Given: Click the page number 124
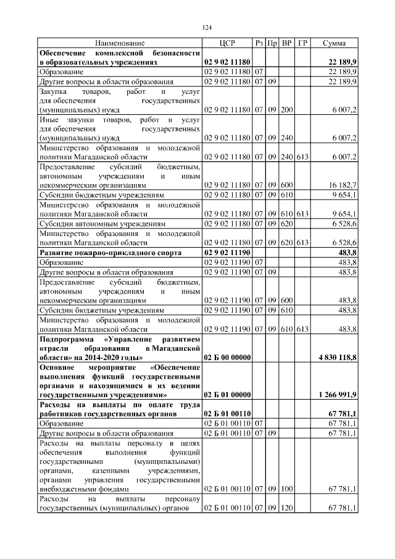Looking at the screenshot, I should [207, 28].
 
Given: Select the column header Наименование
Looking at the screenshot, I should [120, 43].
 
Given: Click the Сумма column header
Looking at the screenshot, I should [334, 43].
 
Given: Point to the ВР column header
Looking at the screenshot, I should [287, 43].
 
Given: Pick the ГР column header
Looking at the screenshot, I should [302, 43].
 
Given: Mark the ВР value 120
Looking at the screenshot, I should [287, 508].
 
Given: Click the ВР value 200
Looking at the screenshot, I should [287, 109].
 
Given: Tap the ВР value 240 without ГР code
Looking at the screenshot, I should [287, 139].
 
